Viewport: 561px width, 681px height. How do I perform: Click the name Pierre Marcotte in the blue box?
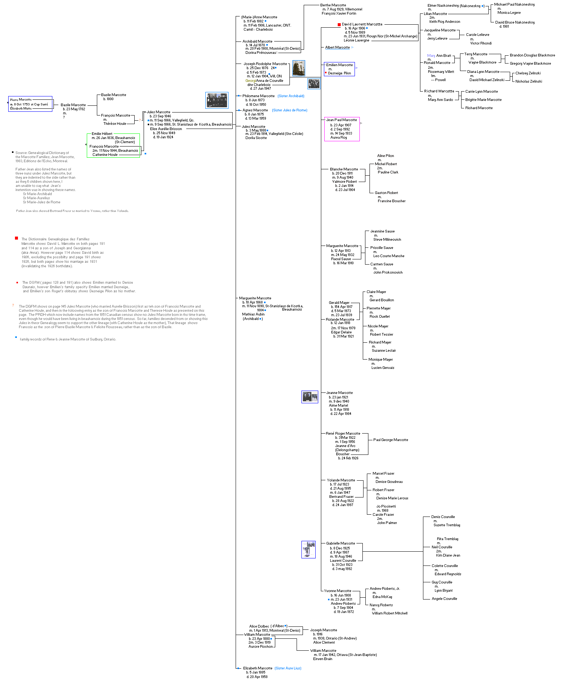(21, 100)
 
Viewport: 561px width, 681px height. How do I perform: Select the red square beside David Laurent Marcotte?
(339, 25)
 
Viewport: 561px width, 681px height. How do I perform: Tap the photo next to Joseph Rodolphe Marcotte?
(298, 68)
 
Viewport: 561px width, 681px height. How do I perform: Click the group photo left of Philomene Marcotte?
(217, 100)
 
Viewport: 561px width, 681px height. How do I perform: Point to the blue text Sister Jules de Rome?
(289, 110)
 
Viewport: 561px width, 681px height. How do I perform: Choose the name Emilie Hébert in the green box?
(102, 134)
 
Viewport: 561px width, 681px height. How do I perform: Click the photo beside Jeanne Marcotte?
(310, 397)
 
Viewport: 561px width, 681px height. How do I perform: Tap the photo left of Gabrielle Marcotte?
(309, 549)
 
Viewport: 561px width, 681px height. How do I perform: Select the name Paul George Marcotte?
(390, 440)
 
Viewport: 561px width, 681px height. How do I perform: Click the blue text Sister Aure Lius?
(288, 668)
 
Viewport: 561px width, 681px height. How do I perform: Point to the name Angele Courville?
(444, 599)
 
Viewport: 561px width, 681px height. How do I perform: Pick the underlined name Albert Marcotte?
(337, 47)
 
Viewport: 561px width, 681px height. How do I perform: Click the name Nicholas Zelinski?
(528, 81)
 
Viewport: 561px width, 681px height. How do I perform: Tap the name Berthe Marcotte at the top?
(333, 5)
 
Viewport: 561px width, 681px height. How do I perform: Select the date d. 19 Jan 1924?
(163, 137)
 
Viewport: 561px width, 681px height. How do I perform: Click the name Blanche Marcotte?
(344, 169)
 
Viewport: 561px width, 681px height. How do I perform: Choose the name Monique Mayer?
(380, 360)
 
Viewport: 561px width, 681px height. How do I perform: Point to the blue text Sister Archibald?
(291, 96)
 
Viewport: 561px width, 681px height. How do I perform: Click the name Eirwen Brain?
(322, 659)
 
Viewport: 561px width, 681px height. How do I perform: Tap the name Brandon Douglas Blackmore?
(532, 55)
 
